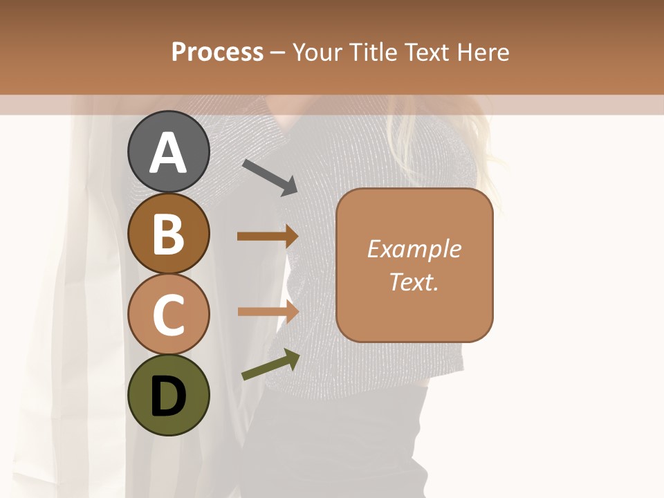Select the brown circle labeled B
click(x=168, y=233)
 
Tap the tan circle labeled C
click(x=168, y=315)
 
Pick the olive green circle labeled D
click(x=168, y=396)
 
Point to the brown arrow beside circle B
click(x=268, y=237)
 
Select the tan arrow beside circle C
click(x=268, y=312)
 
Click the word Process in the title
click(x=217, y=53)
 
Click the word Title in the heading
click(x=372, y=53)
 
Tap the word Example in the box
click(x=414, y=249)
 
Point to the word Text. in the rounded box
click(x=414, y=282)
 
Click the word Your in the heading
click(x=317, y=53)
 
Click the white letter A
click(x=168, y=153)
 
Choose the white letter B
click(x=168, y=234)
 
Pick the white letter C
click(x=168, y=315)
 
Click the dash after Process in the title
click(x=278, y=53)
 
